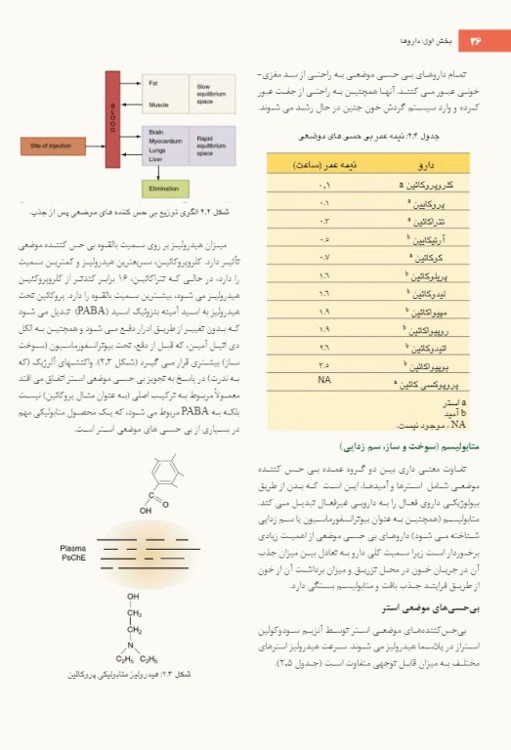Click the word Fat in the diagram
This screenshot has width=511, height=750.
(x=153, y=84)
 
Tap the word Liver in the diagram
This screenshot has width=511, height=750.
(x=154, y=158)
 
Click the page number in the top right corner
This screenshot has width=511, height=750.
(x=478, y=40)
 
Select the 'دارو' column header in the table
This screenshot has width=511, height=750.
(x=427, y=165)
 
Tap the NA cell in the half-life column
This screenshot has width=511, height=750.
(x=324, y=378)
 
